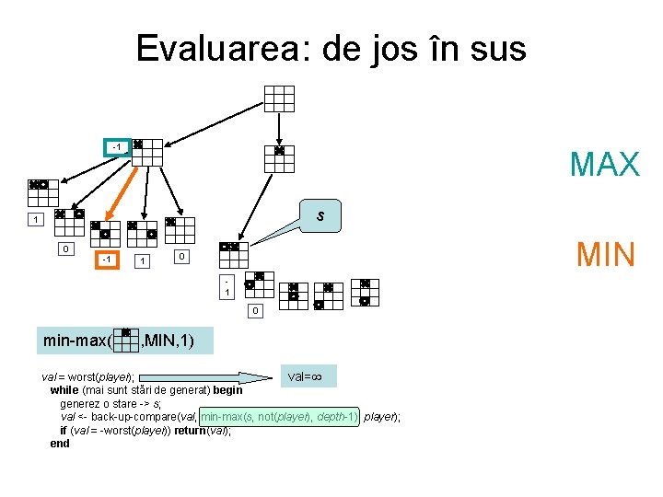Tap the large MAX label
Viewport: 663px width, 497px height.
tap(604, 164)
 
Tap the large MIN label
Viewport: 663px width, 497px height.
tap(606, 253)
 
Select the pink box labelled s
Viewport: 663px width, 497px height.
tap(320, 216)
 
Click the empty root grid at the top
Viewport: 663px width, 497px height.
tap(279, 98)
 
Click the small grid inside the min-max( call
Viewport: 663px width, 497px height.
tap(125, 340)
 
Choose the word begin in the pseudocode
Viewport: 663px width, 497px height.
tap(227, 390)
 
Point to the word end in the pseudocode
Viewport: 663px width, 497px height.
tap(60, 443)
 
